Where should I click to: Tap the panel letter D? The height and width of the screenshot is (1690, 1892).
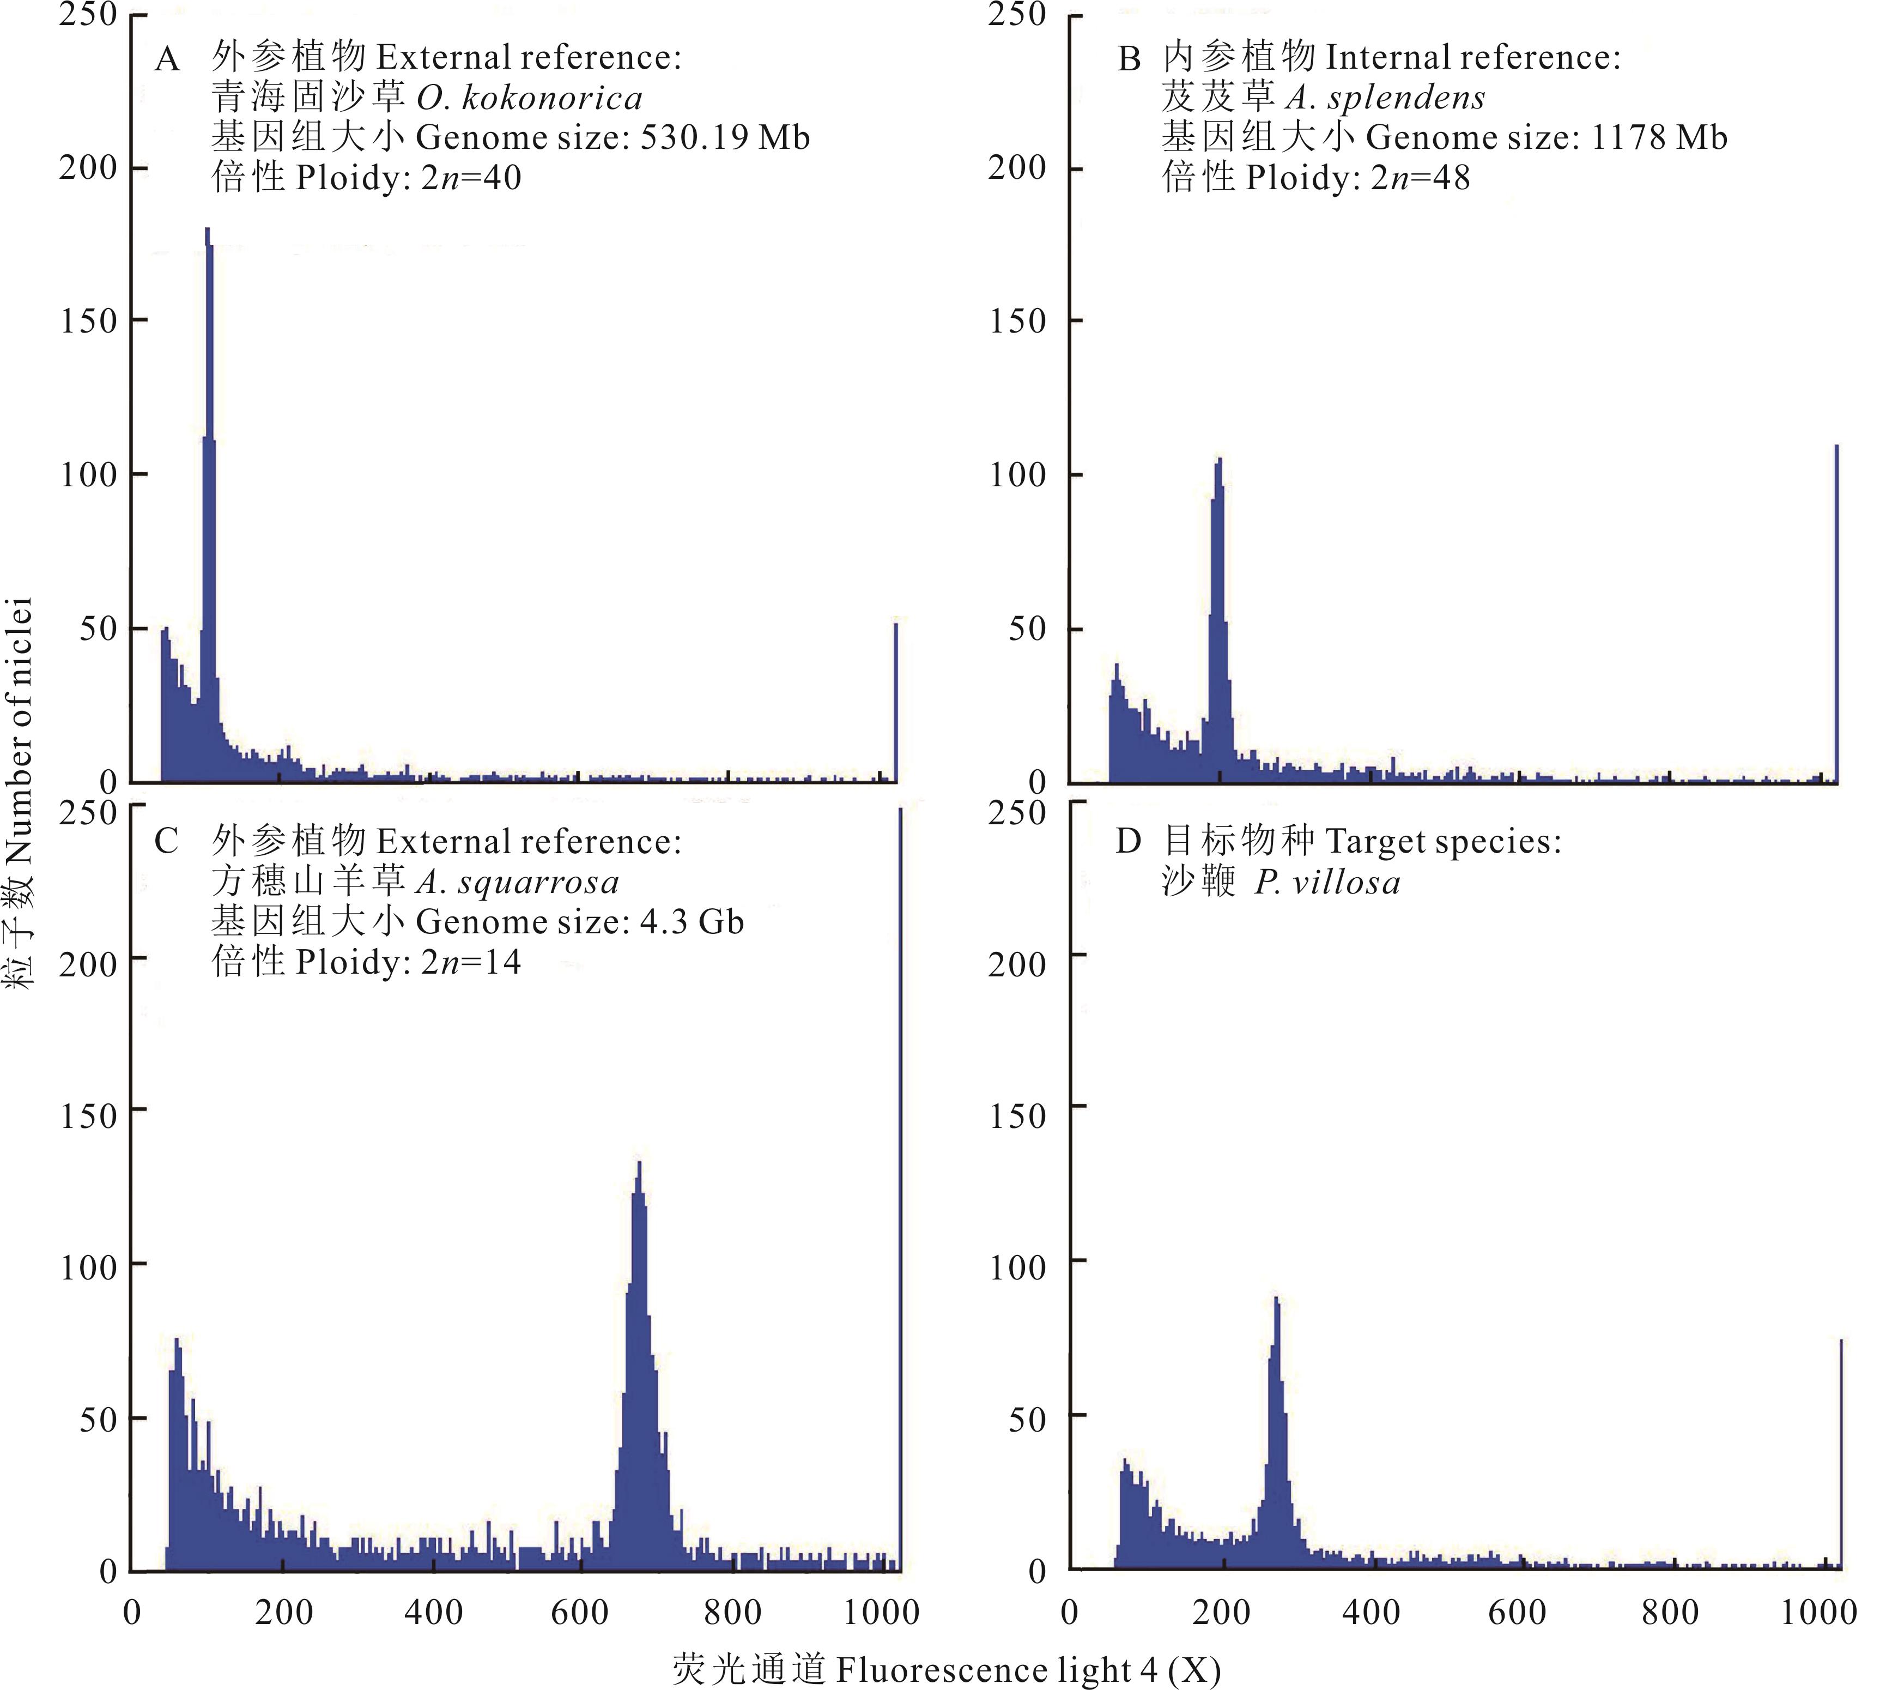click(x=1128, y=842)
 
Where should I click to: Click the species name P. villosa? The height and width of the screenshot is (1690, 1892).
click(x=1327, y=882)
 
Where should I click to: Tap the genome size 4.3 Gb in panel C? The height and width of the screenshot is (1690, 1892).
click(x=692, y=922)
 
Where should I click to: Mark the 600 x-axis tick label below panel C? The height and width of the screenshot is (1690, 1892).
click(x=580, y=1613)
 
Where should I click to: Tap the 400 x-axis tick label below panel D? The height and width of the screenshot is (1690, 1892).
click(x=1371, y=1613)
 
